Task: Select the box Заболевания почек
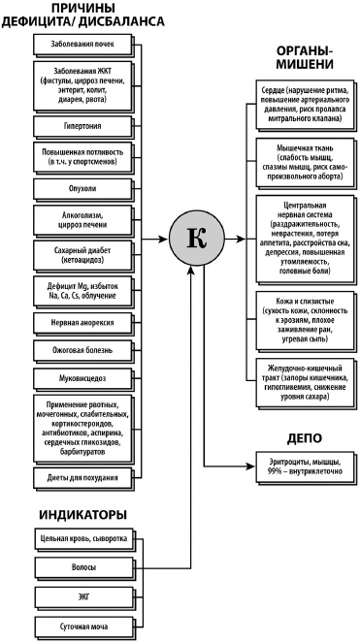(x=82, y=45)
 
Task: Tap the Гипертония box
(x=82, y=126)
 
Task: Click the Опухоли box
(x=82, y=187)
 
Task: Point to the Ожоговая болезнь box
(x=82, y=347)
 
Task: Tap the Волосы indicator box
(x=82, y=565)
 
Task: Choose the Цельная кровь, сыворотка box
(x=82, y=536)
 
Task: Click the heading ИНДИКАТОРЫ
(x=82, y=512)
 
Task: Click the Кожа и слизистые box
(x=302, y=315)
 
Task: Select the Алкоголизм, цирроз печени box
(x=82, y=220)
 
